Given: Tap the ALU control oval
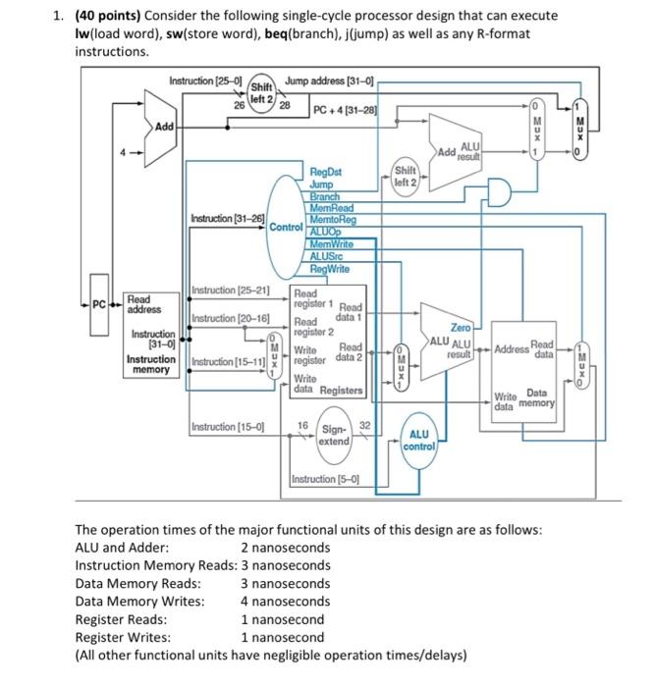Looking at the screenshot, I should point(419,440).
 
